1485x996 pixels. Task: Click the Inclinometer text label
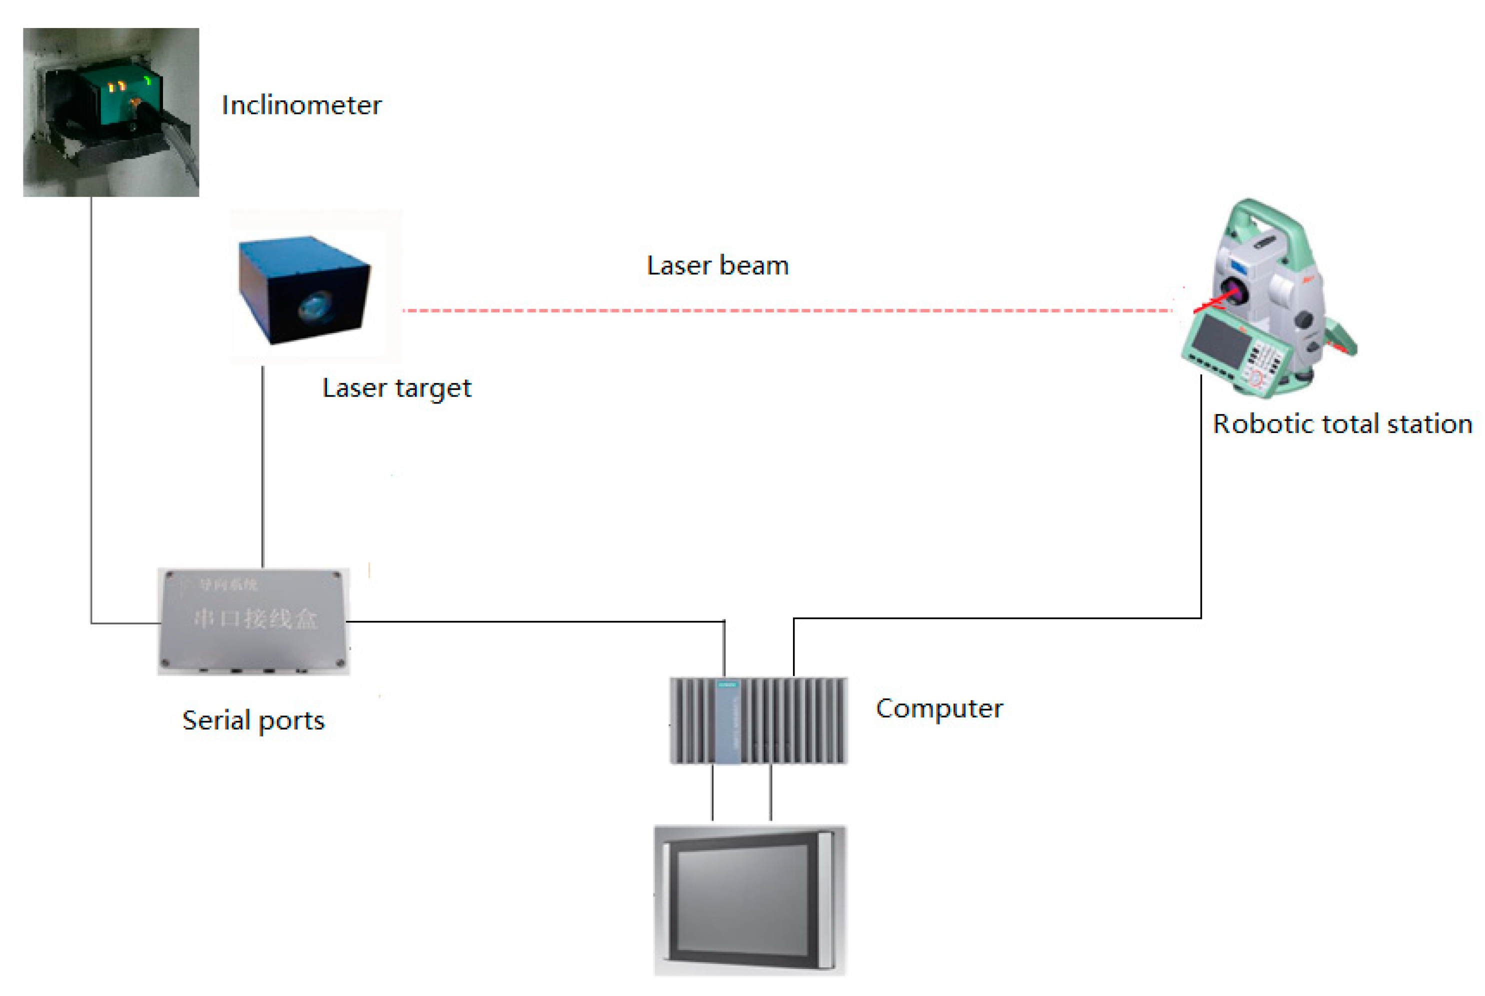[301, 105]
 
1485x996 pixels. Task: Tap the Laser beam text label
[717, 265]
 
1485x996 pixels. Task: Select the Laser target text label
[396, 388]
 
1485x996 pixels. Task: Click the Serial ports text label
[253, 721]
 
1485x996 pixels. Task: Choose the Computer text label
[939, 709]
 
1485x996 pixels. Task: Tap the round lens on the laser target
[315, 306]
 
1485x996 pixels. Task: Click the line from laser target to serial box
[263, 467]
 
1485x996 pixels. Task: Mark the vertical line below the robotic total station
[1200, 495]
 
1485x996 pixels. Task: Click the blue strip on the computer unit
[727, 721]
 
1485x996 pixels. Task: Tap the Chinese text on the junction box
[254, 618]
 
